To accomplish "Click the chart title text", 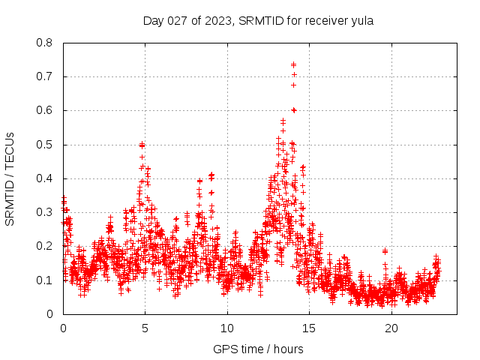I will [x=258, y=20].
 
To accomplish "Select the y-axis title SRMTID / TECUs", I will [x=10, y=178].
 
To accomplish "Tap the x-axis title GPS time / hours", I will [x=258, y=349].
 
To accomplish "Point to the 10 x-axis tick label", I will [x=227, y=328].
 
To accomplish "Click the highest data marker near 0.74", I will [x=293, y=64].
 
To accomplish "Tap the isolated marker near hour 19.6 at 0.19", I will [x=385, y=250].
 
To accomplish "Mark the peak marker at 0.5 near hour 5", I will [x=142, y=145].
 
